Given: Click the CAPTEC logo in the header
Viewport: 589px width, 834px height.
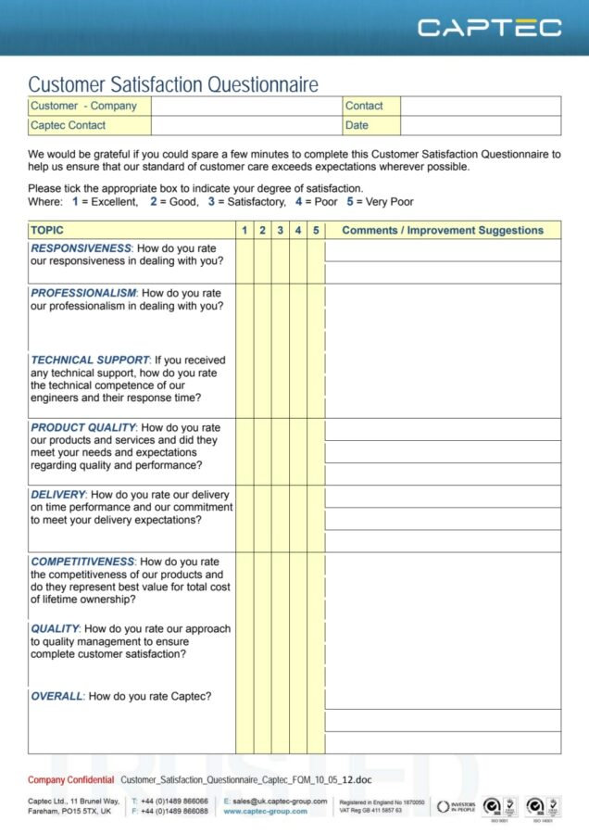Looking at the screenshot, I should point(489,27).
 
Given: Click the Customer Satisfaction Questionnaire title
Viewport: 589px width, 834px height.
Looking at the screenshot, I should point(173,84).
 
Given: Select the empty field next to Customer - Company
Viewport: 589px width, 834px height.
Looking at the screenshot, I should point(246,106).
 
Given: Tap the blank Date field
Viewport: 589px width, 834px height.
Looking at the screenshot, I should point(480,125).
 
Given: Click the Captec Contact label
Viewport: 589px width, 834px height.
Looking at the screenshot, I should point(69,125).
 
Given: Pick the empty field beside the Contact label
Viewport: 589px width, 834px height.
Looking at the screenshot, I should point(480,106).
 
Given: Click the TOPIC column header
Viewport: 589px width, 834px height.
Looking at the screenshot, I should point(48,230).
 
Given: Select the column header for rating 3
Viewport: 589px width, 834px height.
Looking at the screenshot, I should point(281,230).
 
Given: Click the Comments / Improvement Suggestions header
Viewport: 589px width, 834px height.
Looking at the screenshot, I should point(443,230).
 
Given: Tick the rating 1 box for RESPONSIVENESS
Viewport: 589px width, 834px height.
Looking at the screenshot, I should point(244,261).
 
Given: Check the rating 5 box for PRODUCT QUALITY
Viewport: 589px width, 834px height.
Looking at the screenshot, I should point(316,451).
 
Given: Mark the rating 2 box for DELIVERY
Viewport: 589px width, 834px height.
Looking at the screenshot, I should point(263,519).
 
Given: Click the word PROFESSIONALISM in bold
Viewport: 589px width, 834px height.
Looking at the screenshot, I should point(83,293).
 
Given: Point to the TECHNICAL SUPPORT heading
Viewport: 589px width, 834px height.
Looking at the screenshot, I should point(90,360).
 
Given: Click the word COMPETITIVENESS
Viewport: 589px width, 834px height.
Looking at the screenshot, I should point(82,562).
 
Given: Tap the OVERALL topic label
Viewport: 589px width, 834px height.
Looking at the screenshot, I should point(57,696).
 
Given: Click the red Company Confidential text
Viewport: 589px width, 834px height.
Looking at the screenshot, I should point(71,780).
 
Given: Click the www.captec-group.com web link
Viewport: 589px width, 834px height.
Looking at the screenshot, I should point(265,811).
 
